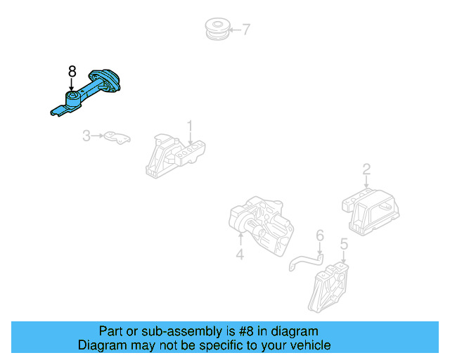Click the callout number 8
point(72,70)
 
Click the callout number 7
point(246,30)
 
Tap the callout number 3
point(86,135)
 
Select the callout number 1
point(189,127)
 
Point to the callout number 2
point(366,169)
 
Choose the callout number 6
point(319,236)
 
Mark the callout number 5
point(344,245)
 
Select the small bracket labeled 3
point(117,136)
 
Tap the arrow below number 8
point(72,84)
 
